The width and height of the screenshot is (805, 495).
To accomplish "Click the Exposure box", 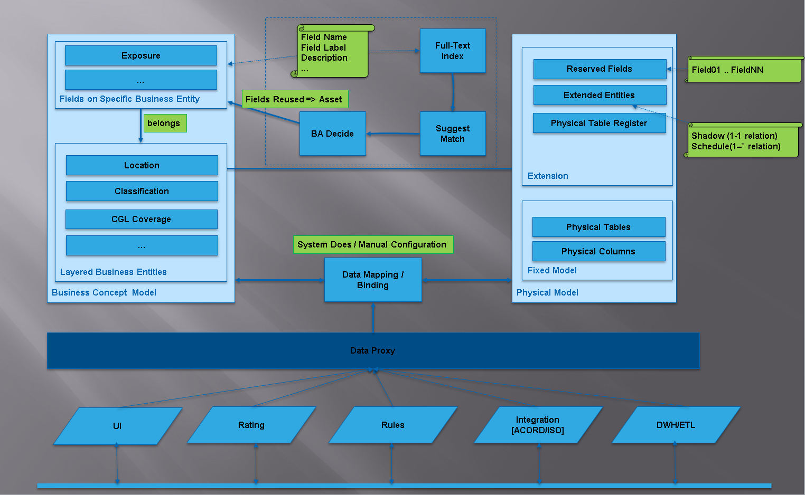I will tap(141, 55).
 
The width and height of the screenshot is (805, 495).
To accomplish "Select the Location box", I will tap(142, 165).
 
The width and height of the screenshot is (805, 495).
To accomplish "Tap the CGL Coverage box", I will tap(141, 219).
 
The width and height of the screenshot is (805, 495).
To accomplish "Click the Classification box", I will tap(142, 191).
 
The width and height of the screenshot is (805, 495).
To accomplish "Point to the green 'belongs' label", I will tap(164, 123).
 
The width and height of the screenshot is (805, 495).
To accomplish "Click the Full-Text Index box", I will tap(452, 51).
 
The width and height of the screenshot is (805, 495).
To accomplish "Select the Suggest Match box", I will tap(452, 134).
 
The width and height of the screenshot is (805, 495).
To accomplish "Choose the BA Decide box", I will tap(332, 134).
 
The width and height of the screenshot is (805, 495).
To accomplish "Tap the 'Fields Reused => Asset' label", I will tap(294, 99).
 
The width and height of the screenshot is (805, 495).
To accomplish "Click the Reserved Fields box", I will tap(599, 69).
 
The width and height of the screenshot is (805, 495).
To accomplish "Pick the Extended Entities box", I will tap(599, 96).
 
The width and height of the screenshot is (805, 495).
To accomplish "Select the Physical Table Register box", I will tap(598, 123).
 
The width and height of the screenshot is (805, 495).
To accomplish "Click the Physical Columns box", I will tap(598, 251).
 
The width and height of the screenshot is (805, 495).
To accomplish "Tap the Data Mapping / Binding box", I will tap(372, 280).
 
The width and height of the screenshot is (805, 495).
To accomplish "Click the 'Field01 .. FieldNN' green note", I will tap(744, 70).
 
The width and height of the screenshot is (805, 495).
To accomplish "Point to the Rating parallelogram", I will tap(251, 425).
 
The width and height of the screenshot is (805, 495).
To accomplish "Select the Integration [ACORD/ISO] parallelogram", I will tap(538, 425).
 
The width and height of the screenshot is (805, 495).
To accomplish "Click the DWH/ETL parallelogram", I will tap(676, 425).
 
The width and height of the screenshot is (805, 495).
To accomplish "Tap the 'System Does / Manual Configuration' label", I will tap(372, 244).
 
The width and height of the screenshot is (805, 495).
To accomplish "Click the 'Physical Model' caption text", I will tap(547, 292).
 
